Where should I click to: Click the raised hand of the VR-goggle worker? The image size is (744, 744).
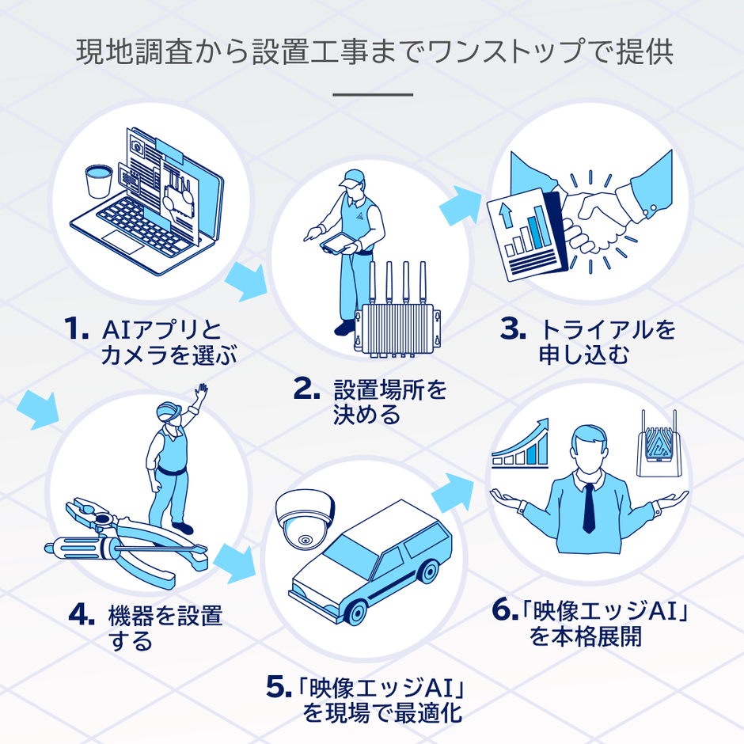click(202, 394)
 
